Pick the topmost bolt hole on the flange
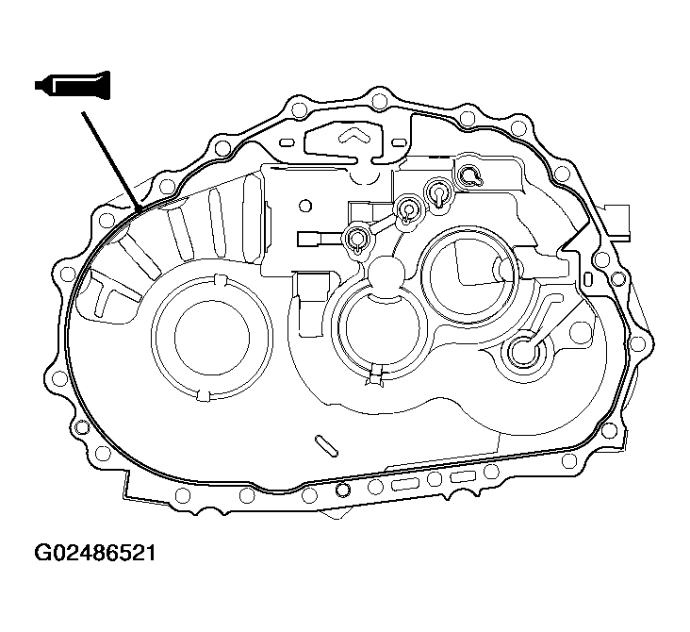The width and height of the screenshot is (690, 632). point(379,95)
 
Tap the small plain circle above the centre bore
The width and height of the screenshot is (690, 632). point(387,274)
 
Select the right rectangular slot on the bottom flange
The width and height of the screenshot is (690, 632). point(463,479)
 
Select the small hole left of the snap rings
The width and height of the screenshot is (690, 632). point(304,204)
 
